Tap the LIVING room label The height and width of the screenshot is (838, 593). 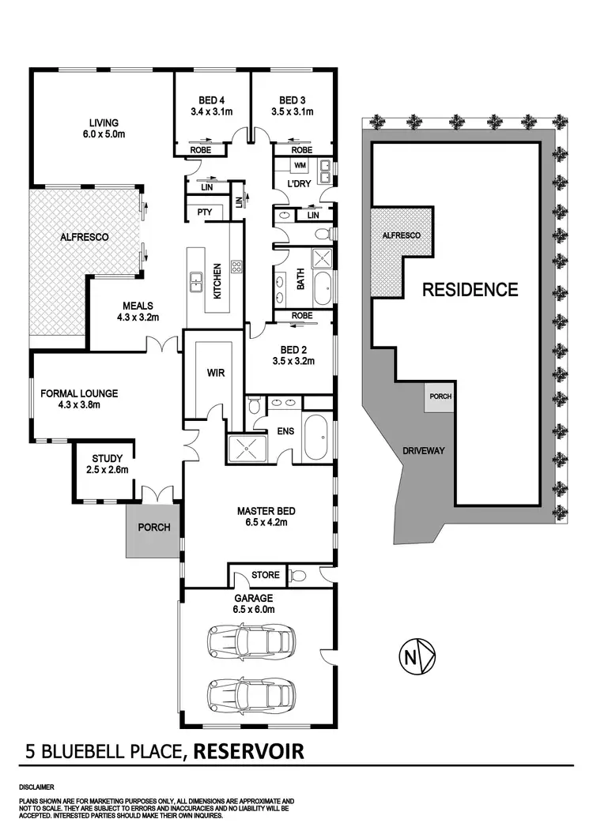tap(104, 122)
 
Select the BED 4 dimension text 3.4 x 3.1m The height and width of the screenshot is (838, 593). tap(212, 111)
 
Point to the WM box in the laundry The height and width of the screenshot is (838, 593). tap(300, 166)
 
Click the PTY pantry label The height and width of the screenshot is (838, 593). tap(204, 212)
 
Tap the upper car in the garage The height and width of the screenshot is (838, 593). tap(247, 638)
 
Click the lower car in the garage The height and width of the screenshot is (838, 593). tap(247, 694)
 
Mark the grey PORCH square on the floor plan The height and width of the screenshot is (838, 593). tap(154, 527)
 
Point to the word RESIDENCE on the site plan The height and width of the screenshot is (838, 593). tap(470, 289)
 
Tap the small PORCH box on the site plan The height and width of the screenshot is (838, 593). tap(439, 396)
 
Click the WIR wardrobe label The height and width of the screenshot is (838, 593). tap(214, 373)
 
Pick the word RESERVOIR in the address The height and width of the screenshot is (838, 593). tap(247, 750)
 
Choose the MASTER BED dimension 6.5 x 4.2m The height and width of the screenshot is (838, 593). tap(262, 522)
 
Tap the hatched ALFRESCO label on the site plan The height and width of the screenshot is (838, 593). tap(402, 235)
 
